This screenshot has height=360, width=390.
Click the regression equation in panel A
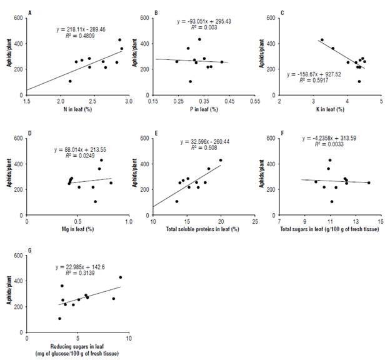tap(77, 29)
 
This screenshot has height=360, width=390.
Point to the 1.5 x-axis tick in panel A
tap(26, 101)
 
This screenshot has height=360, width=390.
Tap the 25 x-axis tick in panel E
tap(255, 221)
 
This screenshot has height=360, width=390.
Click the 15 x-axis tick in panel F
tap(381, 221)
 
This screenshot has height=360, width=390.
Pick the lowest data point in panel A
tap(70, 81)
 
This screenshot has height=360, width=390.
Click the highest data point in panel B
tap(200, 39)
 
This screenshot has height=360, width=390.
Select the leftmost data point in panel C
tap(322, 40)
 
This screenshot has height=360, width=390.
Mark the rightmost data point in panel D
tap(111, 182)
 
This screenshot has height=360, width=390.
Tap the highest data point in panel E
tap(220, 160)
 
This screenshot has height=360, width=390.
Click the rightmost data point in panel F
tap(369, 182)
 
